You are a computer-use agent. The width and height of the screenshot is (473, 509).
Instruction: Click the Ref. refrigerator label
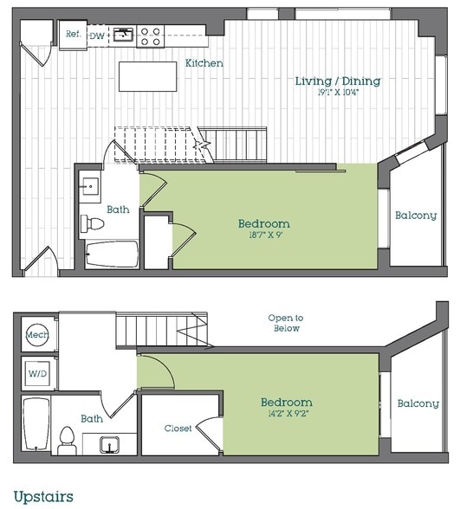pyautogui.click(x=74, y=34)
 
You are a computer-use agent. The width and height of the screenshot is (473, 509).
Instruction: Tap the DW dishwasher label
pyautogui.click(x=97, y=36)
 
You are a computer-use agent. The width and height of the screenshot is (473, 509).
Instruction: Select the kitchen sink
pyautogui.click(x=123, y=35)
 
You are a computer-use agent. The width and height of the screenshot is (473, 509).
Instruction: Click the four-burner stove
pyautogui.click(x=151, y=36)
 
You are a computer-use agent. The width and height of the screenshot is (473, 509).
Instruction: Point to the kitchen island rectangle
pyautogui.click(x=148, y=76)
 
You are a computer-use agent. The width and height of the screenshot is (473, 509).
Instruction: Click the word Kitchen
pyautogui.click(x=204, y=63)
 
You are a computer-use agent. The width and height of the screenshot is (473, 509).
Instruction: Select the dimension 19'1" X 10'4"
pyautogui.click(x=338, y=93)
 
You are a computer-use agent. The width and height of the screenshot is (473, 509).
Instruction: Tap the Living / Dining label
pyautogui.click(x=338, y=81)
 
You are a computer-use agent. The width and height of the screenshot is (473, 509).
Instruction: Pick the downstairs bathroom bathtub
pyautogui.click(x=112, y=254)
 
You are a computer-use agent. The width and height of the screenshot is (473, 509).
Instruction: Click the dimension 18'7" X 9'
pyautogui.click(x=265, y=235)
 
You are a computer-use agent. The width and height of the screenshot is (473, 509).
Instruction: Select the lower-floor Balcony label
pyautogui.click(x=416, y=216)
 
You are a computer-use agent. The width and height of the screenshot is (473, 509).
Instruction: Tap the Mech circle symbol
pyautogui.click(x=37, y=334)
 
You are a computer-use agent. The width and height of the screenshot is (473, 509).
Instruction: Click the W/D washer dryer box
pyautogui.click(x=37, y=373)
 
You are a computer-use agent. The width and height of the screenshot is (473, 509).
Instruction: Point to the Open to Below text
pyautogui.click(x=286, y=323)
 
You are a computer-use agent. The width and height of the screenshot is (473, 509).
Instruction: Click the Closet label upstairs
pyautogui.click(x=178, y=428)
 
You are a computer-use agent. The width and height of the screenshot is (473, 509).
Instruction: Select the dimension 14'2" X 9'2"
pyautogui.click(x=287, y=414)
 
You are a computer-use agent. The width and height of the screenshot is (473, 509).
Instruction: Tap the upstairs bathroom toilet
pyautogui.click(x=67, y=441)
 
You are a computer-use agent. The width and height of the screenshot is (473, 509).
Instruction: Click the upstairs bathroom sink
pyautogui.click(x=109, y=444)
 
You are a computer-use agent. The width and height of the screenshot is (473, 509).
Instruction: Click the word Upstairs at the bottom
pyautogui.click(x=43, y=497)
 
